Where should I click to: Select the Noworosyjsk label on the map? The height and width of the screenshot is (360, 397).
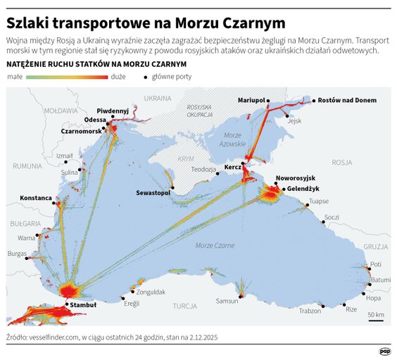click(x=296, y=179)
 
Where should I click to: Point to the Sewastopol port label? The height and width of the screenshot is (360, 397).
click(x=154, y=192)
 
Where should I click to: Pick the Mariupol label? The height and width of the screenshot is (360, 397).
click(x=251, y=100)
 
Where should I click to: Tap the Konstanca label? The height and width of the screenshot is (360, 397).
click(x=36, y=197)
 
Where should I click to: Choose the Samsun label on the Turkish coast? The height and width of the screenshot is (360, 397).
click(x=227, y=301)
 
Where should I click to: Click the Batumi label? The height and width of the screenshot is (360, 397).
click(x=380, y=280)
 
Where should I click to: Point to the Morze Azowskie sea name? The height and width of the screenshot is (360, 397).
click(x=233, y=139)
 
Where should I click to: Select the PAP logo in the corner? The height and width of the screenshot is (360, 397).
click(x=384, y=350)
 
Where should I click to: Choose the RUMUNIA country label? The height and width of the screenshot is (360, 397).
click(x=27, y=166)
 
